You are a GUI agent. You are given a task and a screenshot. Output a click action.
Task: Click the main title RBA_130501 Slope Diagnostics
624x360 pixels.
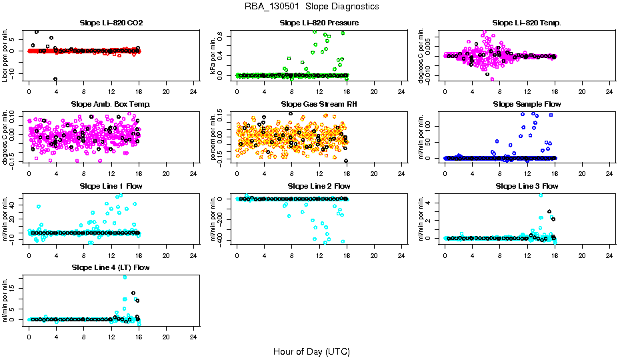[312, 6]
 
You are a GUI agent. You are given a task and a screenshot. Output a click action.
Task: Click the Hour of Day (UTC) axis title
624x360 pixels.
[311, 351]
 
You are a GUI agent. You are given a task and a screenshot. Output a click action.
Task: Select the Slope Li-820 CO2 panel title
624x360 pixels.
[111, 23]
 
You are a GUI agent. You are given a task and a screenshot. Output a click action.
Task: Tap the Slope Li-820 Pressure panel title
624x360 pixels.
[319, 23]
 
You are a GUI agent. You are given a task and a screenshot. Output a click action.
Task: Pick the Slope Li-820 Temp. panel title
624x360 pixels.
[527, 23]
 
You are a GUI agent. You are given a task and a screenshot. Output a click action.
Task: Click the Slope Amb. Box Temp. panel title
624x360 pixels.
[111, 105]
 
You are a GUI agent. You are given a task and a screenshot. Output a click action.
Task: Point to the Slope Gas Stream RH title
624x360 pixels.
[319, 105]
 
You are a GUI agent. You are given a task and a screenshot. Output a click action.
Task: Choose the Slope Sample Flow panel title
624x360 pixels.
[527, 105]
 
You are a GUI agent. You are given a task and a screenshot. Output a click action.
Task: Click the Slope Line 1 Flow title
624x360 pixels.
[111, 186]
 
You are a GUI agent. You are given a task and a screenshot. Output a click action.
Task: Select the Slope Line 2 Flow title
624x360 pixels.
[319, 186]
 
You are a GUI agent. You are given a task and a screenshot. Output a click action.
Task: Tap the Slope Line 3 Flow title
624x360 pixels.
[527, 186]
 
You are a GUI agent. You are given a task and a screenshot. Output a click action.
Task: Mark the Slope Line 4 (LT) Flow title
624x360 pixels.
[111, 267]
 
